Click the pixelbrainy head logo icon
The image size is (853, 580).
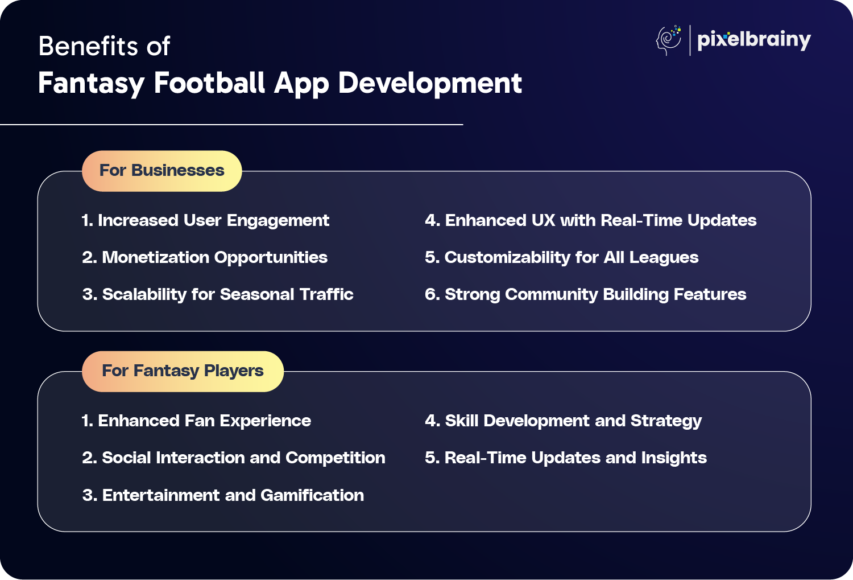click(669, 40)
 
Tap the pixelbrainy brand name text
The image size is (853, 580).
click(754, 40)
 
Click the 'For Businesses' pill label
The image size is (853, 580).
click(162, 171)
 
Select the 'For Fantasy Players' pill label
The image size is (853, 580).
click(183, 371)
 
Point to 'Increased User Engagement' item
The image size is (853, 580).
click(206, 221)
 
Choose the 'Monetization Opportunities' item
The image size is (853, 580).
click(205, 258)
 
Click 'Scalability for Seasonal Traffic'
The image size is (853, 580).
click(218, 295)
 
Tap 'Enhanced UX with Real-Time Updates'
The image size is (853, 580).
click(591, 221)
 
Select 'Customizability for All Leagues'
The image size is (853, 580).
click(562, 258)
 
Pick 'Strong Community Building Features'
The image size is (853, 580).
click(586, 295)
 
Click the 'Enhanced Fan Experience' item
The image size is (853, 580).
click(197, 421)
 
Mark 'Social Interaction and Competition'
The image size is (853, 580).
click(234, 458)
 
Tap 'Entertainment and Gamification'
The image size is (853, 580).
click(223, 495)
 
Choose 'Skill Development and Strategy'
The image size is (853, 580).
click(563, 421)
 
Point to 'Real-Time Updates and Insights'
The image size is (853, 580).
click(566, 458)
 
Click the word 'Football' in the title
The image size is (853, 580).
click(209, 83)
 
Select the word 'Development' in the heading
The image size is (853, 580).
click(430, 84)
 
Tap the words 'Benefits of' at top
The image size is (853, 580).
click(104, 46)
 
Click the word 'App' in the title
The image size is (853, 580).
click(301, 84)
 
